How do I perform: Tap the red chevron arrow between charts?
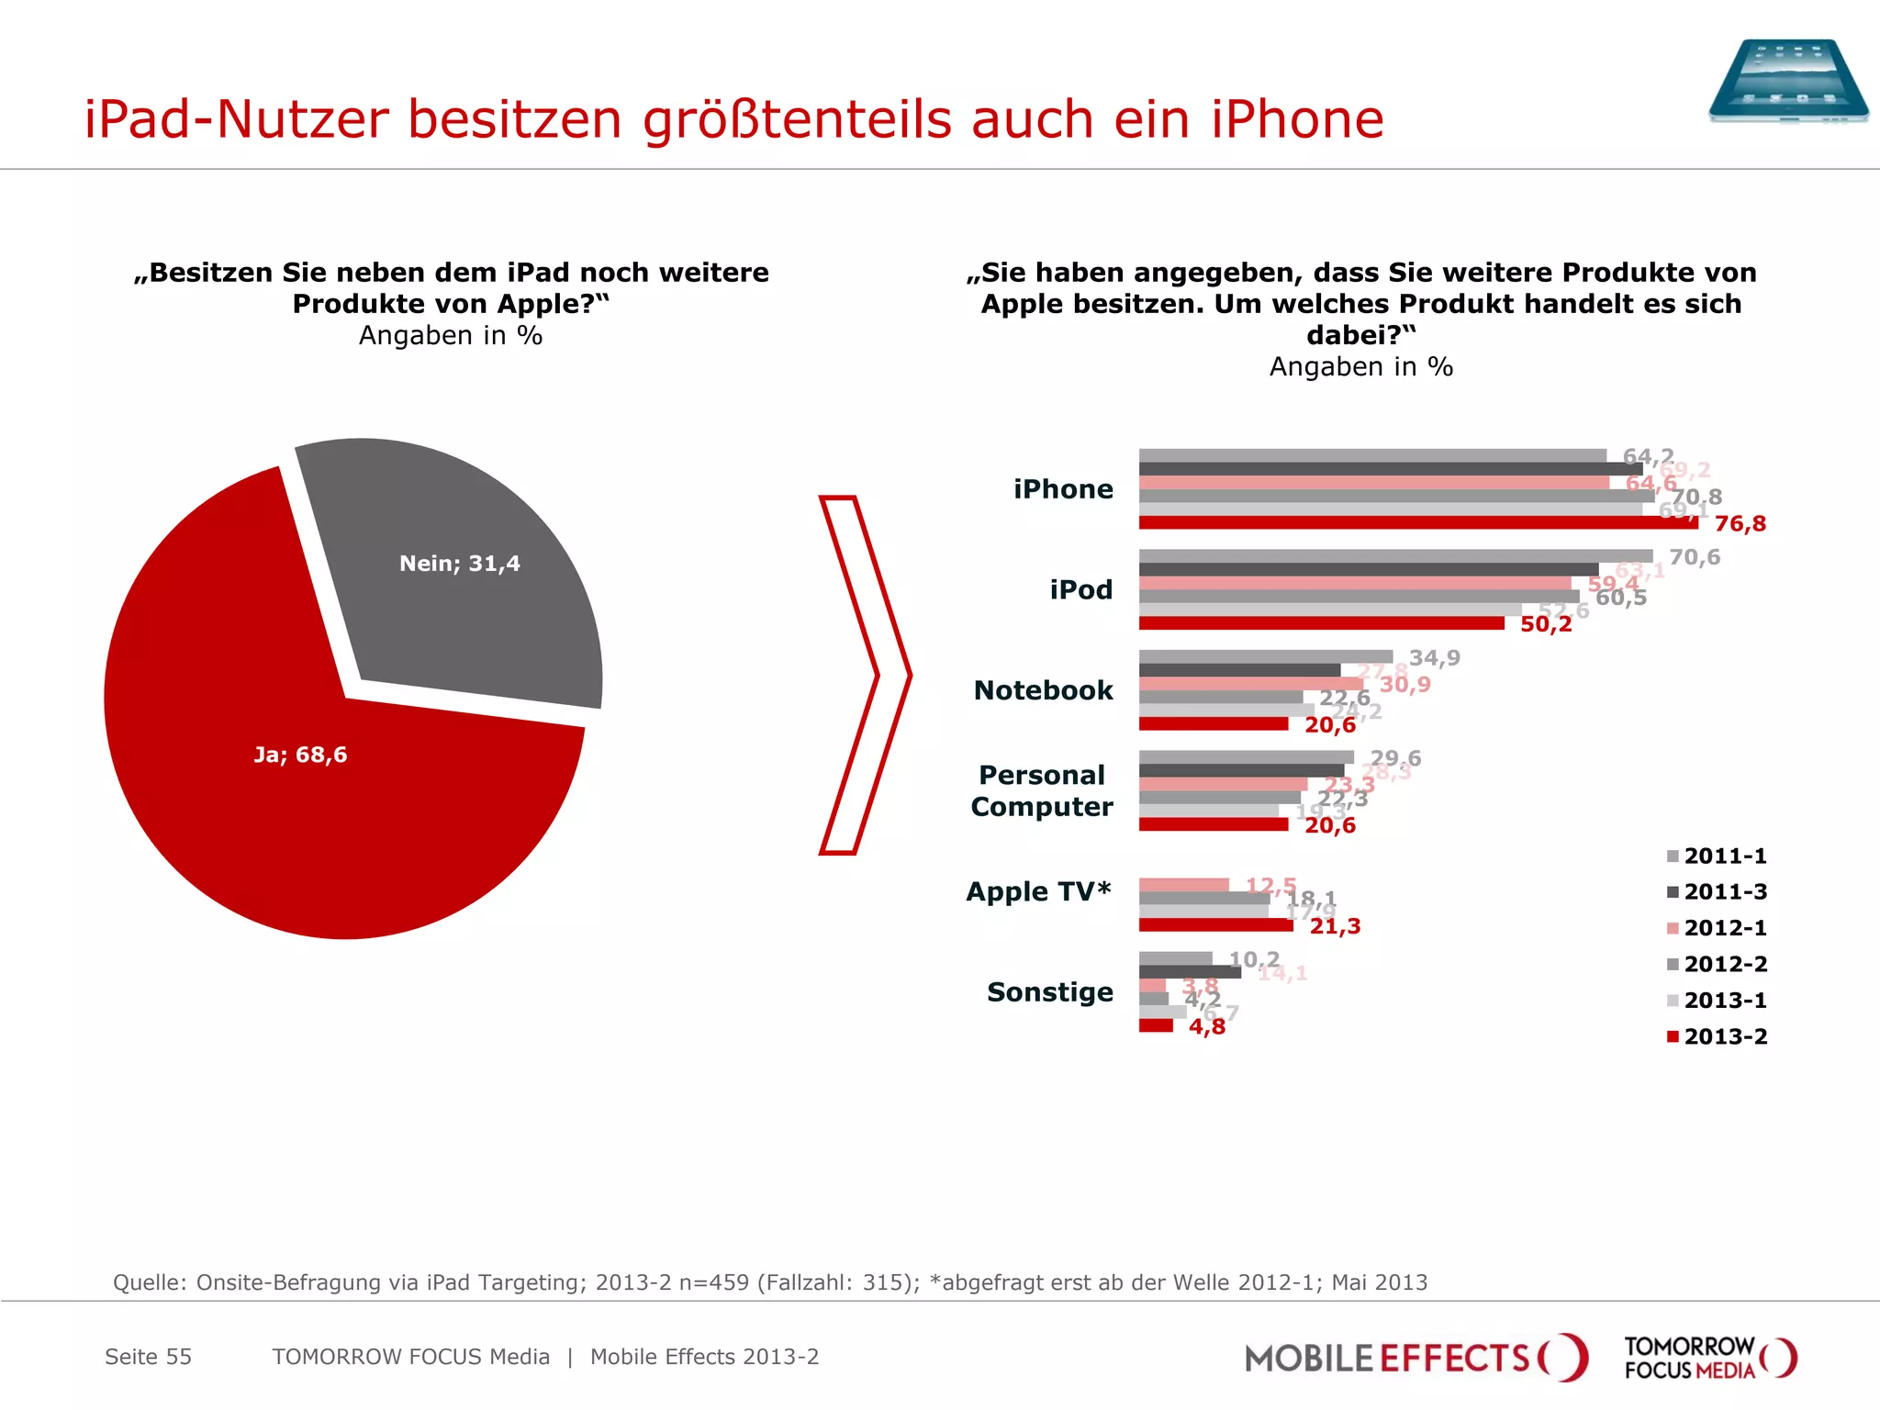(x=863, y=676)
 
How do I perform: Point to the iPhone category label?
(x=1063, y=489)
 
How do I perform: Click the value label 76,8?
(x=1740, y=524)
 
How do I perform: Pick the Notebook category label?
(x=1043, y=690)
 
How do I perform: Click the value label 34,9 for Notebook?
(x=1434, y=658)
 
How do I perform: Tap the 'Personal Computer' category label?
(x=1041, y=790)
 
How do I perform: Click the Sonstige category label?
(x=1049, y=992)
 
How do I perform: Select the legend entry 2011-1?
(x=1717, y=856)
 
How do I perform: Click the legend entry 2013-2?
(x=1717, y=1036)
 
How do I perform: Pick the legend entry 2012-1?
(x=1717, y=928)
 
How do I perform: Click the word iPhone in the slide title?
(x=1296, y=119)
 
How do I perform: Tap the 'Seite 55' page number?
(x=148, y=1357)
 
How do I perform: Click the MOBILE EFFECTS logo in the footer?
(x=1415, y=1358)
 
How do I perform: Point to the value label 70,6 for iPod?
(x=1694, y=557)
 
